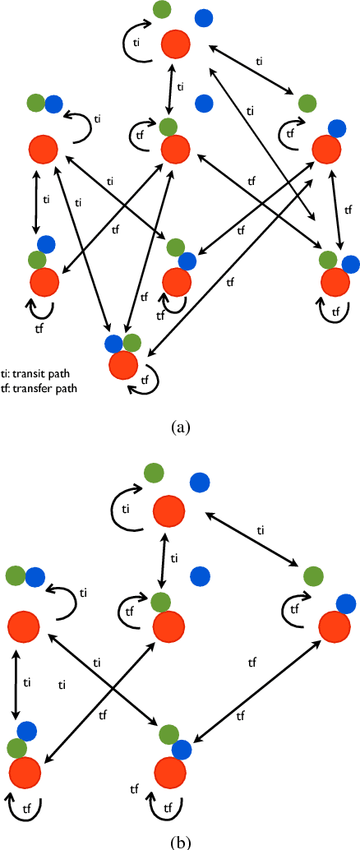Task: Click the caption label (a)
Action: pos(180,427)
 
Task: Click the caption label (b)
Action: pos(180,842)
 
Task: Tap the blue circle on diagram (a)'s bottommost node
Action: pos(113,342)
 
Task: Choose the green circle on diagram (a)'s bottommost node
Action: pos(131,343)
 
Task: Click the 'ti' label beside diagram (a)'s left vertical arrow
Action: pos(46,198)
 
